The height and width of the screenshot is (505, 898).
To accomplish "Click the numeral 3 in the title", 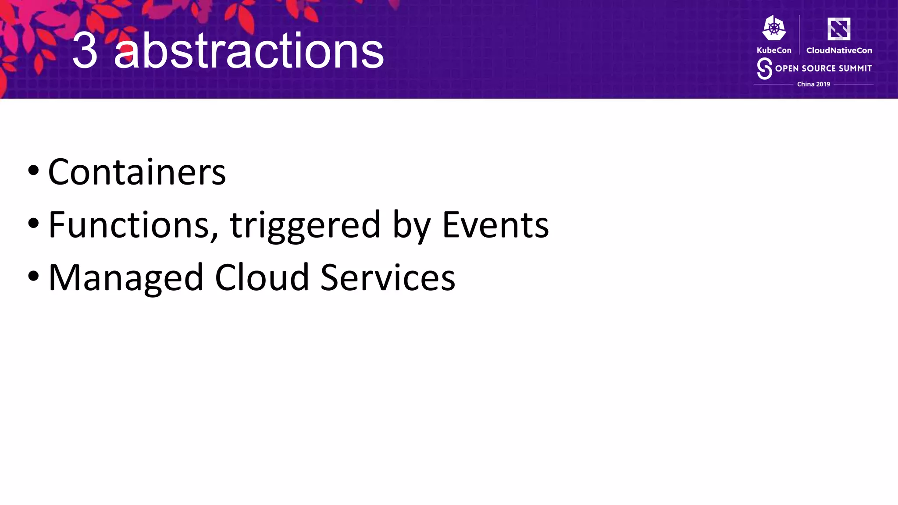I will [85, 51].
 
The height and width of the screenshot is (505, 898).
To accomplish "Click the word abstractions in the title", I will [249, 51].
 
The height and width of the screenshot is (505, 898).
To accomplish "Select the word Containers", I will [137, 172].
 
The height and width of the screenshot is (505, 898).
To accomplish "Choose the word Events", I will [495, 225].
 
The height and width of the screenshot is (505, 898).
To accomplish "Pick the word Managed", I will [126, 278].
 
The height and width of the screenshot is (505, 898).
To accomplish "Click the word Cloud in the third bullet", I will [262, 277].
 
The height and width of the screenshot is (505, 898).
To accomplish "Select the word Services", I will [388, 277].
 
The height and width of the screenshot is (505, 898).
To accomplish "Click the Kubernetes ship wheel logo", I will [774, 28].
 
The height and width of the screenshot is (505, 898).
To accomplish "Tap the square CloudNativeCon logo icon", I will [839, 29].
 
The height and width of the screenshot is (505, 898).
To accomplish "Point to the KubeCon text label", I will [774, 50].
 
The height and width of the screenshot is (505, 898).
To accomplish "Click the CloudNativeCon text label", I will [839, 50].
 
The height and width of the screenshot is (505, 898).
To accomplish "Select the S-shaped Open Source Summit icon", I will [764, 69].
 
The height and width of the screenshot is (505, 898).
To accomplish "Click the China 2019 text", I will [813, 84].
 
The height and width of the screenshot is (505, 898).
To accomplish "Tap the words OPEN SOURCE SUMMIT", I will [823, 68].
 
